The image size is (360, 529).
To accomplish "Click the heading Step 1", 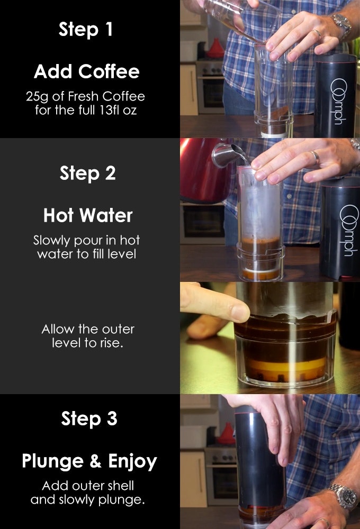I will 86,30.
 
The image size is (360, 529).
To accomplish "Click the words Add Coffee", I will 86,71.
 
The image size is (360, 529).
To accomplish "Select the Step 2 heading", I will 87,174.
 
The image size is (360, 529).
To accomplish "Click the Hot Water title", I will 87,216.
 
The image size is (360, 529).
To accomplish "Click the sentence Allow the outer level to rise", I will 88,335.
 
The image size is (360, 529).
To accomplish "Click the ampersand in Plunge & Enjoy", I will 95,461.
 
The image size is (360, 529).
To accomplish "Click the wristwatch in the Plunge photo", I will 342,497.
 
